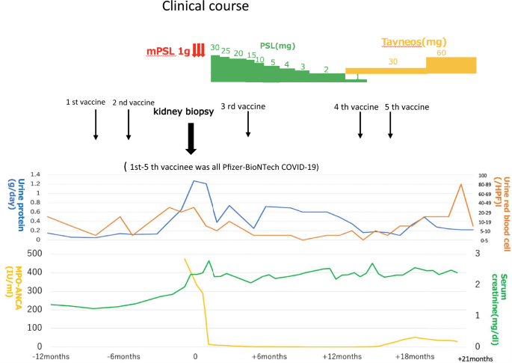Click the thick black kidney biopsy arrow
pyautogui.click(x=191, y=138)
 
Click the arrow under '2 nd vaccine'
pyautogui.click(x=129, y=125)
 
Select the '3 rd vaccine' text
pyautogui.click(x=243, y=106)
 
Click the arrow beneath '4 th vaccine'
pyautogui.click(x=360, y=125)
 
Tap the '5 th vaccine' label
pyautogui.click(x=407, y=107)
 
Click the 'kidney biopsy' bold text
pyautogui.click(x=184, y=112)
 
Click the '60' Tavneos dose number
pyautogui.click(x=442, y=52)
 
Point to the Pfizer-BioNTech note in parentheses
pyautogui.click(x=221, y=166)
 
